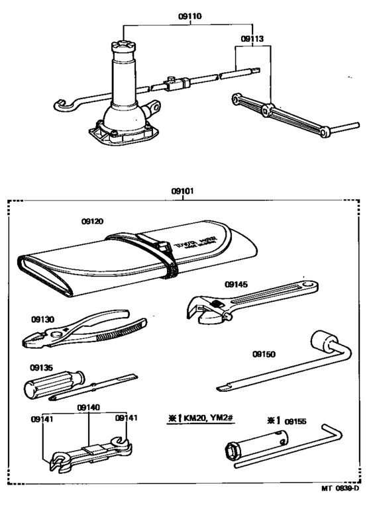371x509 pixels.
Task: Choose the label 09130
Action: [42, 318]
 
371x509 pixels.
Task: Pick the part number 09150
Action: [263, 355]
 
